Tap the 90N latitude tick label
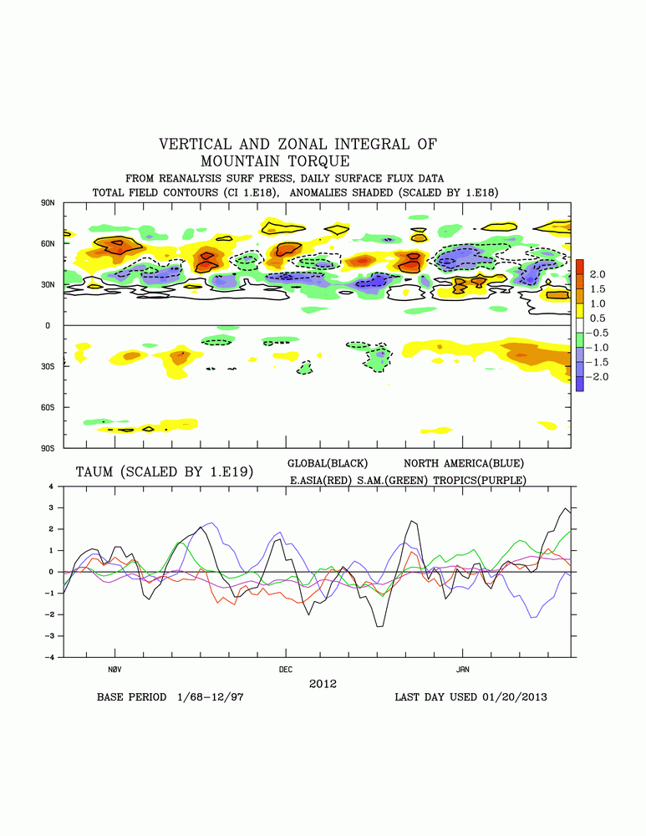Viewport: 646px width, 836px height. pos(48,203)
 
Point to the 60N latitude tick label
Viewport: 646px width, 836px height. pos(48,244)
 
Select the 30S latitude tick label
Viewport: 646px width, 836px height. pos(48,366)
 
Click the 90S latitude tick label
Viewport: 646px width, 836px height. pos(48,448)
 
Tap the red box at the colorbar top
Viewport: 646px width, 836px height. pos(579,267)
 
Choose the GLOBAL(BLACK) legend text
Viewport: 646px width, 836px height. pos(328,462)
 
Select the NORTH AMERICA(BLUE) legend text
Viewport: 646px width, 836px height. pos(464,462)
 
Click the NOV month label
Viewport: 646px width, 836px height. pos(115,670)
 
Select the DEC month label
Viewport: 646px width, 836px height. pos(286,670)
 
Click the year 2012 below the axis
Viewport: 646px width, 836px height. pos(323,683)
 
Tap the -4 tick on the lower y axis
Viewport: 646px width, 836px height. pos(52,657)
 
